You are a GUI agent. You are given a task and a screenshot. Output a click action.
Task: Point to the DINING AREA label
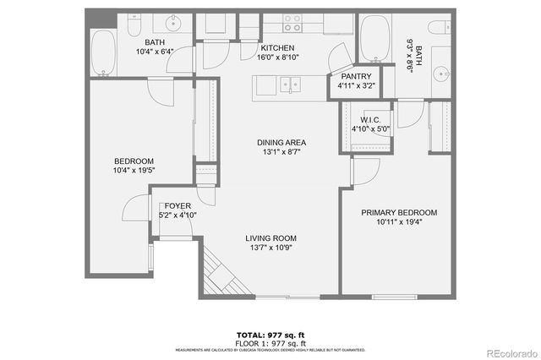pyautogui.click(x=281, y=142)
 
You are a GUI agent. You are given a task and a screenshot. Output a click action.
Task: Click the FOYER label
pyautogui.click(x=178, y=205)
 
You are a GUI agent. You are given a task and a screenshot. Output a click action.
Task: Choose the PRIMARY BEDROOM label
pyautogui.click(x=399, y=212)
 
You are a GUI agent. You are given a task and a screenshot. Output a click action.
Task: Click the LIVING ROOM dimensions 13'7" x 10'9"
pyautogui.click(x=270, y=248)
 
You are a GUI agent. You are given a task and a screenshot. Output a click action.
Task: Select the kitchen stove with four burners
pyautogui.click(x=292, y=22)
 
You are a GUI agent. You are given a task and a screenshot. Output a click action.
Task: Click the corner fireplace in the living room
pyautogui.click(x=217, y=272)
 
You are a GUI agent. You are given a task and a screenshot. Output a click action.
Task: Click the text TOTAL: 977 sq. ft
pyautogui.click(x=270, y=335)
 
